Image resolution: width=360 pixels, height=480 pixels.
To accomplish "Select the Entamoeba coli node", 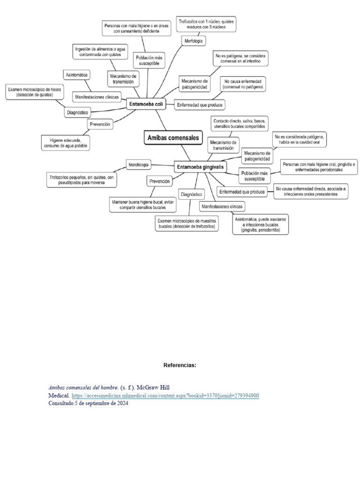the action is pyautogui.click(x=146, y=105).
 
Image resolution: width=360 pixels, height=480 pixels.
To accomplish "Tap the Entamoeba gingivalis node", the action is pyautogui.click(x=200, y=166).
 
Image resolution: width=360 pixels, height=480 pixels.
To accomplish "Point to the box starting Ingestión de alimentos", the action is pyautogui.click(x=97, y=51).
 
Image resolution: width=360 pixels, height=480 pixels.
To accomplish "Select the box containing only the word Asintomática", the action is pyautogui.click(x=77, y=75).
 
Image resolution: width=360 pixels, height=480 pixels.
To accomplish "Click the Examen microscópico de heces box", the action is pyautogui.click(x=33, y=92).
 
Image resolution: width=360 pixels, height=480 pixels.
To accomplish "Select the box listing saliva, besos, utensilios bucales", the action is pyautogui.click(x=239, y=123).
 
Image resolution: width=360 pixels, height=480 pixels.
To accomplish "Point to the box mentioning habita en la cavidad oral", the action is pyautogui.click(x=300, y=139).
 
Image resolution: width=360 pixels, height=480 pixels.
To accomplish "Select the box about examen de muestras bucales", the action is pyautogui.click(x=187, y=223).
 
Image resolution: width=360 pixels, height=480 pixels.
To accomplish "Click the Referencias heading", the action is pyautogui.click(x=180, y=365).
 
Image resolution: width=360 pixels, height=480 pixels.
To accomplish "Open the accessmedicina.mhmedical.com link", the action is pyautogui.click(x=165, y=396).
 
